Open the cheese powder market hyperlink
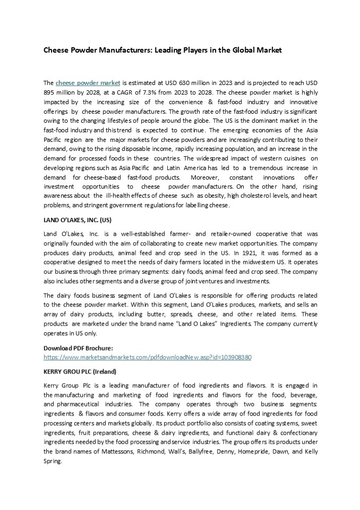click(x=88, y=83)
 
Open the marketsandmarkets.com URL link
click(x=147, y=357)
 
